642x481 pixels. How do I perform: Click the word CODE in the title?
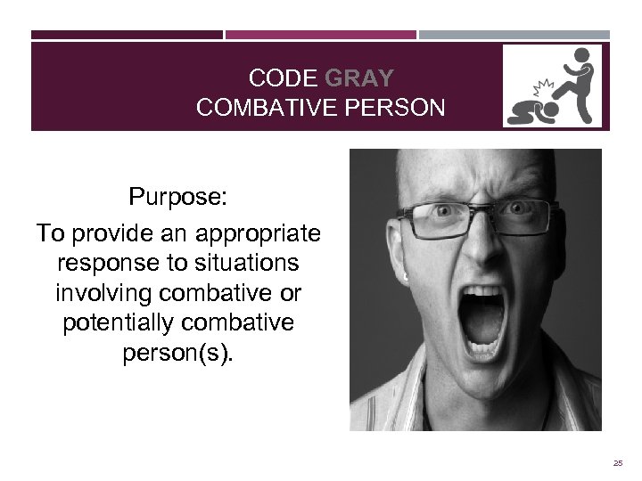click(x=276, y=77)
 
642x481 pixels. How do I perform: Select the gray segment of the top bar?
click(x=514, y=36)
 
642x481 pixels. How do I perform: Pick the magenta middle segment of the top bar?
click(x=320, y=36)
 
